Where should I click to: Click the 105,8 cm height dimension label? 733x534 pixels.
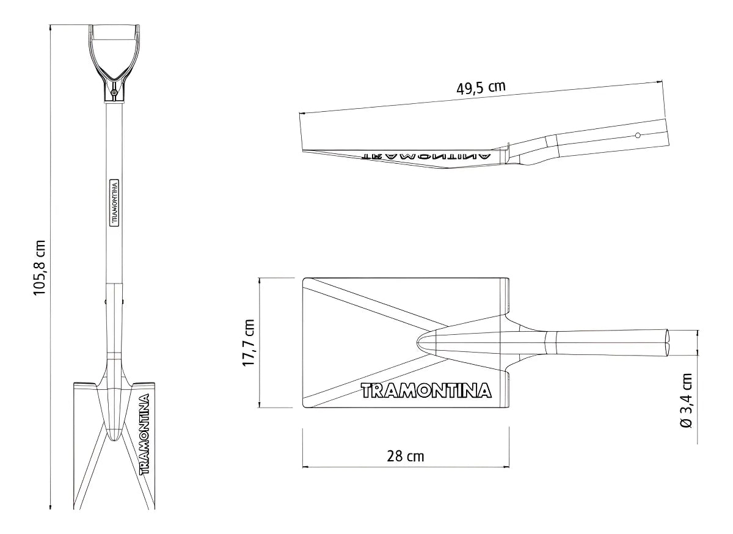[x=40, y=267]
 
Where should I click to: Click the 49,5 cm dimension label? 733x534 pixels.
[x=481, y=87]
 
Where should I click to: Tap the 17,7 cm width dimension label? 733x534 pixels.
[x=249, y=343]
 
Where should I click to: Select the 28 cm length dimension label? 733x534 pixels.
[x=405, y=456]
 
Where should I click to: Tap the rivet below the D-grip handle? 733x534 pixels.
[x=115, y=92]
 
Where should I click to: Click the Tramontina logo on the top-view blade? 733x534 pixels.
[x=426, y=390]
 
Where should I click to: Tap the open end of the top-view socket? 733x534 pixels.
[x=669, y=342]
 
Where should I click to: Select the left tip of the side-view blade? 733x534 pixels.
[x=304, y=149]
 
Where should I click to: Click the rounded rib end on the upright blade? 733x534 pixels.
[x=114, y=435]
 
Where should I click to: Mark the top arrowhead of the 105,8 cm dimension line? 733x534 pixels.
[x=51, y=26]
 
